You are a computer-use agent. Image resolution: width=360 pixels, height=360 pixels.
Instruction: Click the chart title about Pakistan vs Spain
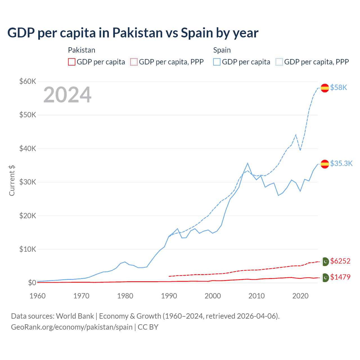click(133, 33)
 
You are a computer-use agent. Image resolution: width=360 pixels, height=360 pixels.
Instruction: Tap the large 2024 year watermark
click(67, 95)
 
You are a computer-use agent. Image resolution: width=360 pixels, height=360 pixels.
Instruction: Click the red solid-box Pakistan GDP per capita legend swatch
click(72, 62)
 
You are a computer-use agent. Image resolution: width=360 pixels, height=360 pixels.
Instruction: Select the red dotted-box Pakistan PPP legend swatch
click(134, 62)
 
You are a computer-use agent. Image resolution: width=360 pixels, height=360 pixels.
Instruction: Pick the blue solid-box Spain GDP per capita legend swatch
click(217, 62)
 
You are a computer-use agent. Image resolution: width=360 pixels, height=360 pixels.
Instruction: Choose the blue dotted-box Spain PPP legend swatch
click(279, 62)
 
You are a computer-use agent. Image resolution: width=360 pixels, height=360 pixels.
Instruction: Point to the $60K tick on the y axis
click(28, 81)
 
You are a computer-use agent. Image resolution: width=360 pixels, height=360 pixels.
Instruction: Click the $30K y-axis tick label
click(28, 182)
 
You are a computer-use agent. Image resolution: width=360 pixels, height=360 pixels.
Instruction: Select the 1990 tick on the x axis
click(169, 296)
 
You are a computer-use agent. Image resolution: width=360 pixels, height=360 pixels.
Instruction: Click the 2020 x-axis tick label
click(300, 296)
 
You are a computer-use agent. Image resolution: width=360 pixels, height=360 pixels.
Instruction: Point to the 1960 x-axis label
click(38, 296)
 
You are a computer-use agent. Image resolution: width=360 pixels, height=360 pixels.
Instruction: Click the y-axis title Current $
click(12, 181)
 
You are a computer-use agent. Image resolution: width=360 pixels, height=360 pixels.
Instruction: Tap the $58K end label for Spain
click(339, 88)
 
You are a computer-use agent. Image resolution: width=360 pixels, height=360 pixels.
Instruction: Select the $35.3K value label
click(341, 164)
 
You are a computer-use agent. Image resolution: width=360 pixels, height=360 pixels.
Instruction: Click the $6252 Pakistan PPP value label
click(340, 261)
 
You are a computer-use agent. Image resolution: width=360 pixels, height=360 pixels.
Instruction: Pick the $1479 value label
click(340, 277)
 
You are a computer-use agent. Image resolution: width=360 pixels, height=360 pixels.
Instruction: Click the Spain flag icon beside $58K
click(325, 88)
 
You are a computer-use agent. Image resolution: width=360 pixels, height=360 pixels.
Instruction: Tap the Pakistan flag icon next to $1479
click(325, 278)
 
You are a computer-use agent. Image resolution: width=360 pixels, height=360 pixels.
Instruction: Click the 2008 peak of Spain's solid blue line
click(247, 163)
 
